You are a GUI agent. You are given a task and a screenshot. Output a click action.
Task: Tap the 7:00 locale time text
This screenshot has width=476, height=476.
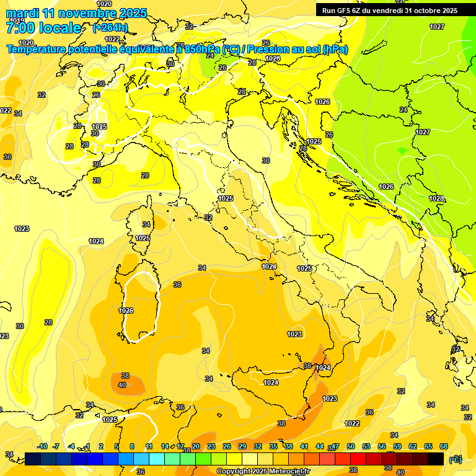[43, 28]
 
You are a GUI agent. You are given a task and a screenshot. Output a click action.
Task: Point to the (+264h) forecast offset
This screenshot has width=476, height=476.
[110, 28]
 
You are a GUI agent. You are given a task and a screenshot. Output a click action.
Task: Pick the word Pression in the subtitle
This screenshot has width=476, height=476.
[270, 49]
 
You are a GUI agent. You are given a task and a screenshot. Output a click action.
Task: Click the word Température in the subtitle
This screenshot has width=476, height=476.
[37, 49]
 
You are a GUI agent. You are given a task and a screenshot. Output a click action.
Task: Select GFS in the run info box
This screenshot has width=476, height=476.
[350, 11]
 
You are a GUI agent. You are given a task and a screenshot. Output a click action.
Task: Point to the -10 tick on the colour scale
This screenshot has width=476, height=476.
[42, 446]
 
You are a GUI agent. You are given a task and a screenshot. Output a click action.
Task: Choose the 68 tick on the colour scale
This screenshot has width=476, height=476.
[444, 446]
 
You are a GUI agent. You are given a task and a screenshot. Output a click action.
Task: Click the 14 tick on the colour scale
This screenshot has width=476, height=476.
[165, 446]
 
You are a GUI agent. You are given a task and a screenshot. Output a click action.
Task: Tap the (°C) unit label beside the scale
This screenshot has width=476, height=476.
[456, 459]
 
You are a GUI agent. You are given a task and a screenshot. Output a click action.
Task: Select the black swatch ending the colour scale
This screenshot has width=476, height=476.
[436, 459]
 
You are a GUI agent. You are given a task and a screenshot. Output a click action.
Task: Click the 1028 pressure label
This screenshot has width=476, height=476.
[436, 198]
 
